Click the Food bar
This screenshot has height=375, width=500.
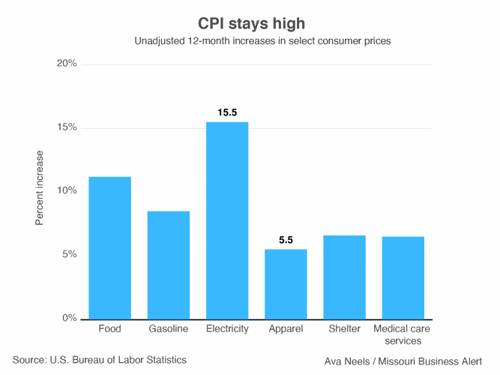109,247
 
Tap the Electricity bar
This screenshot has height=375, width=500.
227,220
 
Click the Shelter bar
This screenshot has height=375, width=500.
344,277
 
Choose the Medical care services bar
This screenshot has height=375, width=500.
403,277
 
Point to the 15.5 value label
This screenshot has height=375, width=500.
227,112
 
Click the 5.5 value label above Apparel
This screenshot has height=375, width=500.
286,240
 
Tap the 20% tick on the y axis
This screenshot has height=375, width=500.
67,64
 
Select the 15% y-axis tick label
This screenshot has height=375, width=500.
67,127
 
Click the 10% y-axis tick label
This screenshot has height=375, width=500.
67,190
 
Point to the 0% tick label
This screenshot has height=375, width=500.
69,318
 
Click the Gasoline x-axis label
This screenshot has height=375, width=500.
168,329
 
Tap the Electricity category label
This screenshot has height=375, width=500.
227,329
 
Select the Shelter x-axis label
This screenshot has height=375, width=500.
344,329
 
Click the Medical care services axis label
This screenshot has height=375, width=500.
403,334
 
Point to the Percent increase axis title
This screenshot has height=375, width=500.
40,188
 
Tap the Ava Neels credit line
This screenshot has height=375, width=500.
402,361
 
